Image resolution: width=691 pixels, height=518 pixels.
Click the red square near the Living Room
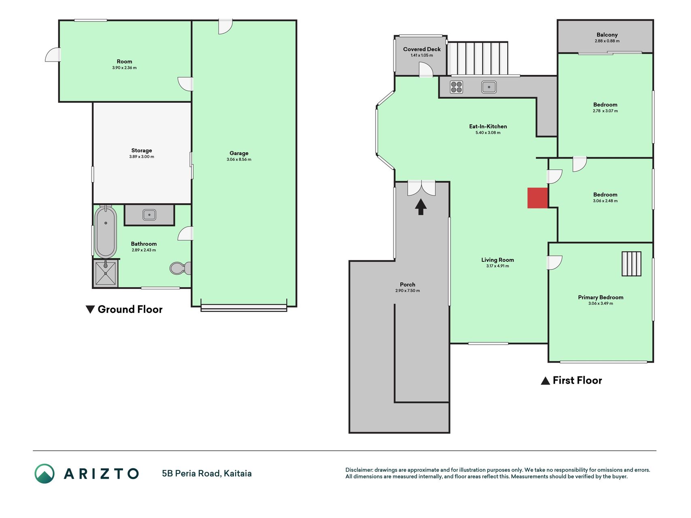[x=538, y=198]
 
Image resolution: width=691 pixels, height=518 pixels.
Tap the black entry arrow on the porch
[x=421, y=206]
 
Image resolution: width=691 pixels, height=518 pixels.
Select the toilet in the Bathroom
[x=181, y=268]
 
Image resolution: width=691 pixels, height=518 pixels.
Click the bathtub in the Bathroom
[x=106, y=231]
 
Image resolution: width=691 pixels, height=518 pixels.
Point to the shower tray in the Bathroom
[x=106, y=273]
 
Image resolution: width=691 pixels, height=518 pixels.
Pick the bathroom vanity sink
[x=149, y=214]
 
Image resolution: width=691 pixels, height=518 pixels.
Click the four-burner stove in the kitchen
[x=456, y=87]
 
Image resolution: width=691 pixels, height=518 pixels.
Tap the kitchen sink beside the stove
[x=489, y=87]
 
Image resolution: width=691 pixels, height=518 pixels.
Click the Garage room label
[x=239, y=153]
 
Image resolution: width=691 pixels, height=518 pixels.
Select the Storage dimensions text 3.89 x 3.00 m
[x=142, y=157]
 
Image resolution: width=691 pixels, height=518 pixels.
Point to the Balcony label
[x=607, y=35]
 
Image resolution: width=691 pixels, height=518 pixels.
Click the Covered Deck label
[x=422, y=49]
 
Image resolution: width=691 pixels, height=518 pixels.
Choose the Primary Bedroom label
[x=601, y=297]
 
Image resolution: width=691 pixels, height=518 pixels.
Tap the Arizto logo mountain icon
[x=45, y=473]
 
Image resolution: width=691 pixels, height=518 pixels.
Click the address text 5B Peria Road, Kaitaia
[x=207, y=473]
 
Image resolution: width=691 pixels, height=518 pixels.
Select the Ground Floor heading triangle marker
[x=90, y=310]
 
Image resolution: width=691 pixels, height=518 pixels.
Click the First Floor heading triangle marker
[x=545, y=381]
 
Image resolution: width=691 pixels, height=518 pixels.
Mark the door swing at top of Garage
[x=225, y=27]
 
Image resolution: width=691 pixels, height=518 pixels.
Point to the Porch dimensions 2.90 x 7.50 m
[x=408, y=291]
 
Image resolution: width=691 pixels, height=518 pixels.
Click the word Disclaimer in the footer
[x=359, y=470]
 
